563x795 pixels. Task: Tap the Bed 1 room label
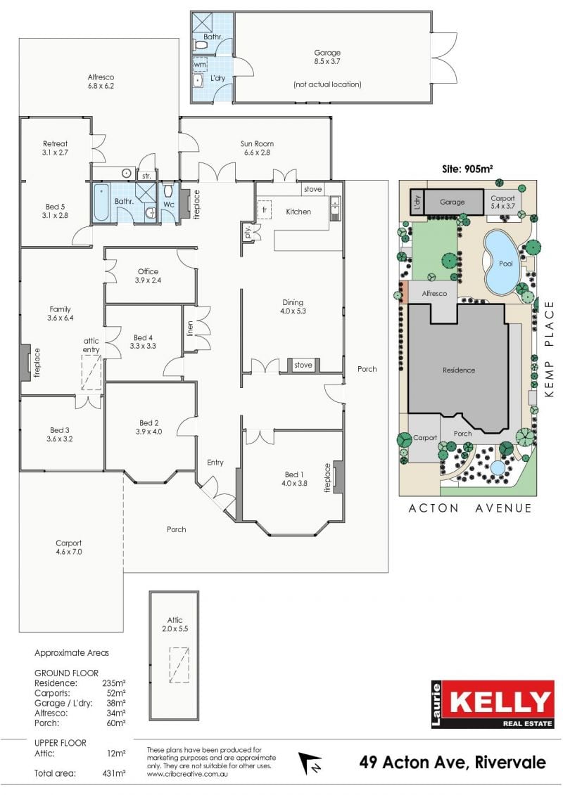point(294,479)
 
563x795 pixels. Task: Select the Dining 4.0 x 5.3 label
point(293,306)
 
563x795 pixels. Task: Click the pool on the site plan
point(502,263)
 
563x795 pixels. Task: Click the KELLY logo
point(492,704)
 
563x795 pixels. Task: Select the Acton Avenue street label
point(470,508)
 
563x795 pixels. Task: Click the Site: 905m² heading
point(467,169)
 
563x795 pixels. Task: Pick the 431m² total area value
point(114,773)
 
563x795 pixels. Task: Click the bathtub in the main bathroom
point(101,202)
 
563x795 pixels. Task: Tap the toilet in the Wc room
point(169,190)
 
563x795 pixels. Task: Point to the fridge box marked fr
point(265,209)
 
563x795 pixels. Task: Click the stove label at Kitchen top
point(312,189)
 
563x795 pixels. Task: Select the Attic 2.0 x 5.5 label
point(175,624)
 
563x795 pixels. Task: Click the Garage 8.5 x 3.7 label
point(327,57)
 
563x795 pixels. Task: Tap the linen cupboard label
point(190,328)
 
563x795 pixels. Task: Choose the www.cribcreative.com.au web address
point(187,774)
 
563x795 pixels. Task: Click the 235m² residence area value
point(114,683)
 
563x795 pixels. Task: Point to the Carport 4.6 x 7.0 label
point(68,547)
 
